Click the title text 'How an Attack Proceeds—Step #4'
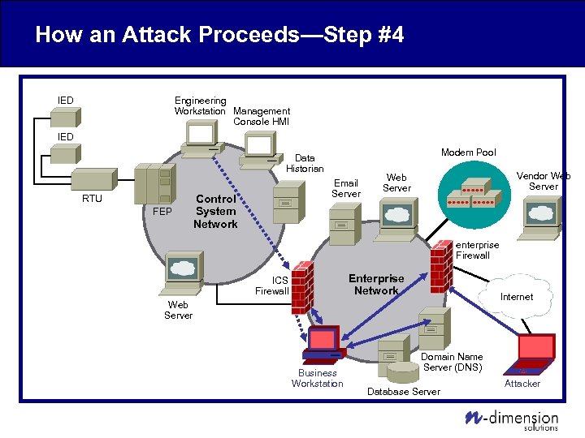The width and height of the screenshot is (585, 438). pyautogui.click(x=219, y=35)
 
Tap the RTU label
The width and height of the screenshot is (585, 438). pyautogui.click(x=92, y=199)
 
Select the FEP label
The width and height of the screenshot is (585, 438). pyautogui.click(x=162, y=213)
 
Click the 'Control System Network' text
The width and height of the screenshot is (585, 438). pyautogui.click(x=215, y=211)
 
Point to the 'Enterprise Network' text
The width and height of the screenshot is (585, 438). pyautogui.click(x=376, y=285)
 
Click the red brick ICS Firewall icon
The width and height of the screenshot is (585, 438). pyautogui.click(x=302, y=288)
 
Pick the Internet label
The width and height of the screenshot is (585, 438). pyautogui.click(x=517, y=297)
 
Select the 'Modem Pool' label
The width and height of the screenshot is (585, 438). pyautogui.click(x=468, y=152)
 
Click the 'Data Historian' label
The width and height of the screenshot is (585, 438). pyautogui.click(x=305, y=163)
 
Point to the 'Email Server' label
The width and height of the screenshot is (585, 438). pyautogui.click(x=346, y=188)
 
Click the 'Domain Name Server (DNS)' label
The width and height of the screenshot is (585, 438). pyautogui.click(x=452, y=362)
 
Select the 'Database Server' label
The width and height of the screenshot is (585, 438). pyautogui.click(x=404, y=392)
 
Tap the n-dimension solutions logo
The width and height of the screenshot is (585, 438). pyautogui.click(x=512, y=419)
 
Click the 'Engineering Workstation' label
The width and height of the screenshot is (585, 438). pyautogui.click(x=200, y=105)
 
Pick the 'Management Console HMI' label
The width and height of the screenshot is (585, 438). pyautogui.click(x=261, y=116)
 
